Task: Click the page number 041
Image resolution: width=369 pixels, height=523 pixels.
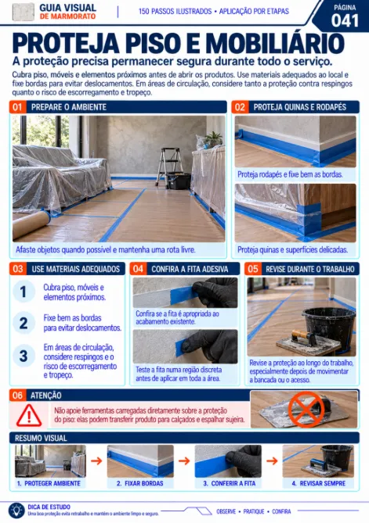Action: [345, 21]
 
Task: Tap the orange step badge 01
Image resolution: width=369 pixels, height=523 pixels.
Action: [17, 107]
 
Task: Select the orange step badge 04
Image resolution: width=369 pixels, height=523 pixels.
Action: [138, 269]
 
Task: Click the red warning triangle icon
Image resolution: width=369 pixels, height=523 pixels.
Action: [29, 415]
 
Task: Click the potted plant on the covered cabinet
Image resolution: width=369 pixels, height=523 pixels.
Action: [212, 138]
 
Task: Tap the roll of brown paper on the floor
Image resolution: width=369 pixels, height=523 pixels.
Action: [31, 224]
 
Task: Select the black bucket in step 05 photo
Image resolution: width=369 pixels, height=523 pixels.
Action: [328, 328]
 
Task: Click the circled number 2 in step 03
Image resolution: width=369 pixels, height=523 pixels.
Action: [24, 323]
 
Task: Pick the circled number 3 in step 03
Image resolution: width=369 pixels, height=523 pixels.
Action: [24, 356]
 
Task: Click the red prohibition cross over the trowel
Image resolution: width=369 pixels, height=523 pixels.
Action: [306, 410]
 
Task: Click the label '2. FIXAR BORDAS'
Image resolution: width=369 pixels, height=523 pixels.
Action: [140, 483]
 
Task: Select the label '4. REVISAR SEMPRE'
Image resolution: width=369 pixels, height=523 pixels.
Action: [318, 483]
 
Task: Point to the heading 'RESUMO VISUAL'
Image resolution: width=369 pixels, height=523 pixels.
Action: [41, 438]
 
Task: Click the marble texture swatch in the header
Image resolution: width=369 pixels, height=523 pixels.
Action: [23, 12]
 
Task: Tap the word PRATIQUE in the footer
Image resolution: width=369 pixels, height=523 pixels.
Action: [254, 511]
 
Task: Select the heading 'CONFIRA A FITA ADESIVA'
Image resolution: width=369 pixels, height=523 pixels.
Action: [190, 269]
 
